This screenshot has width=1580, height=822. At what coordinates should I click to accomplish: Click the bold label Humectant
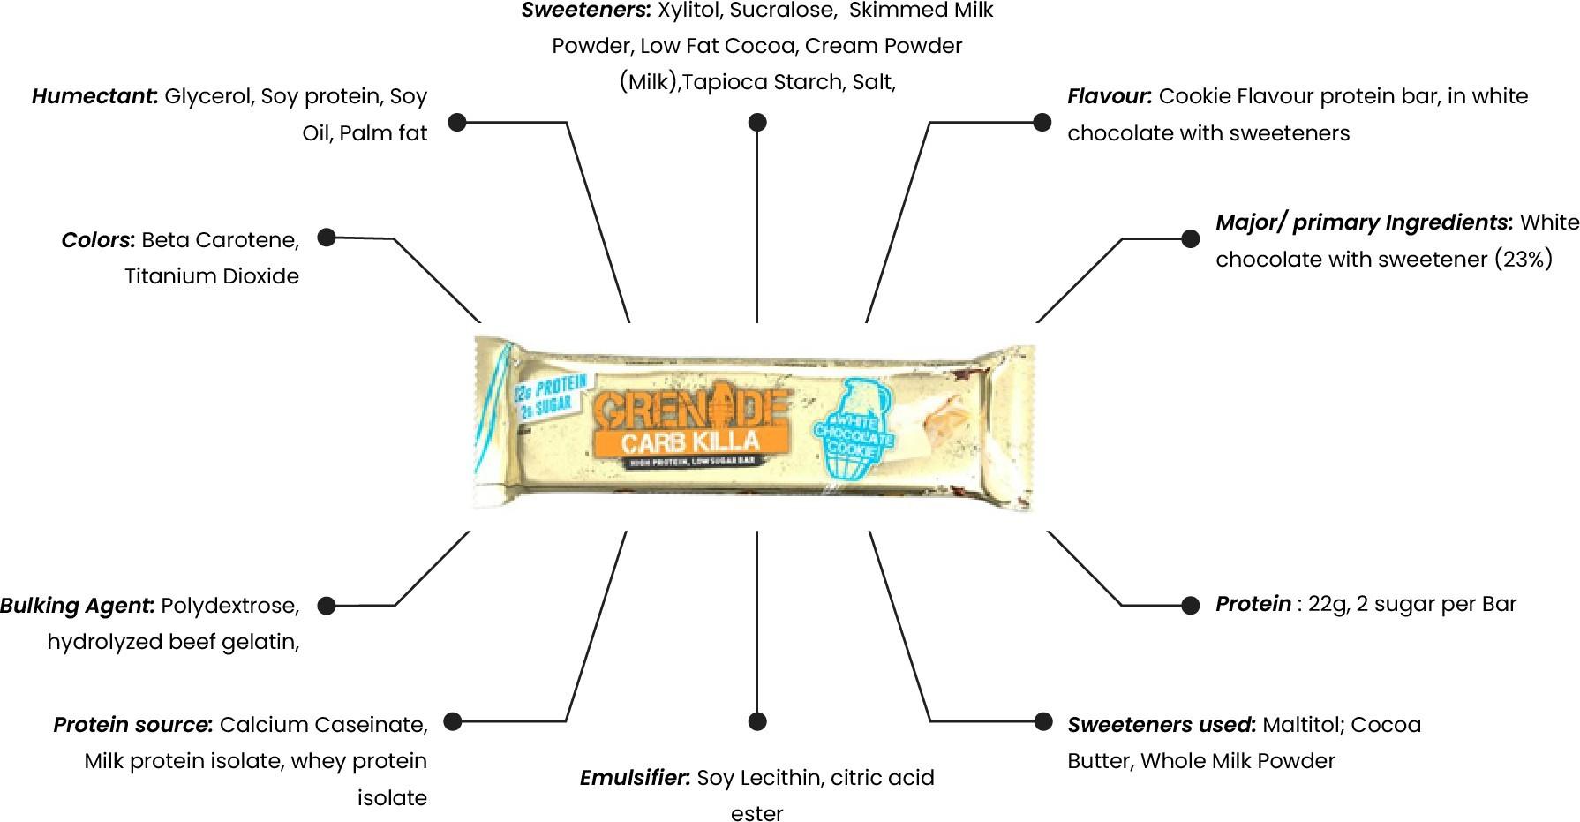tap(94, 96)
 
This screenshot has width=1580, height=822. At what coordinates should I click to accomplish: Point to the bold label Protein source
tap(133, 725)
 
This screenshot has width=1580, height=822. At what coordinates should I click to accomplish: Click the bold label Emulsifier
tap(635, 778)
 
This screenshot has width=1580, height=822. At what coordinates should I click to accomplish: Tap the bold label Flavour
tap(1110, 96)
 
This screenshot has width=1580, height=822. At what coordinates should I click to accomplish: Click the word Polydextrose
tap(230, 606)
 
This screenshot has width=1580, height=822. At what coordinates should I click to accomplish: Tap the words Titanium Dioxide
tap(212, 276)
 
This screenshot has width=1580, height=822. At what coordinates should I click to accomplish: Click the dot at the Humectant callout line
tap(457, 122)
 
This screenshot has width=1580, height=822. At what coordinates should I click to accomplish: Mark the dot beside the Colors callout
tap(327, 238)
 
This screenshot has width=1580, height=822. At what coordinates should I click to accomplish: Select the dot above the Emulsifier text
tap(756, 721)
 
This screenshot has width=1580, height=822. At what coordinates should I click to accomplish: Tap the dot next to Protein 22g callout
tap(1190, 605)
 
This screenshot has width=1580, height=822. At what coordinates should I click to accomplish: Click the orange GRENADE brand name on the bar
tap(690, 408)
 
